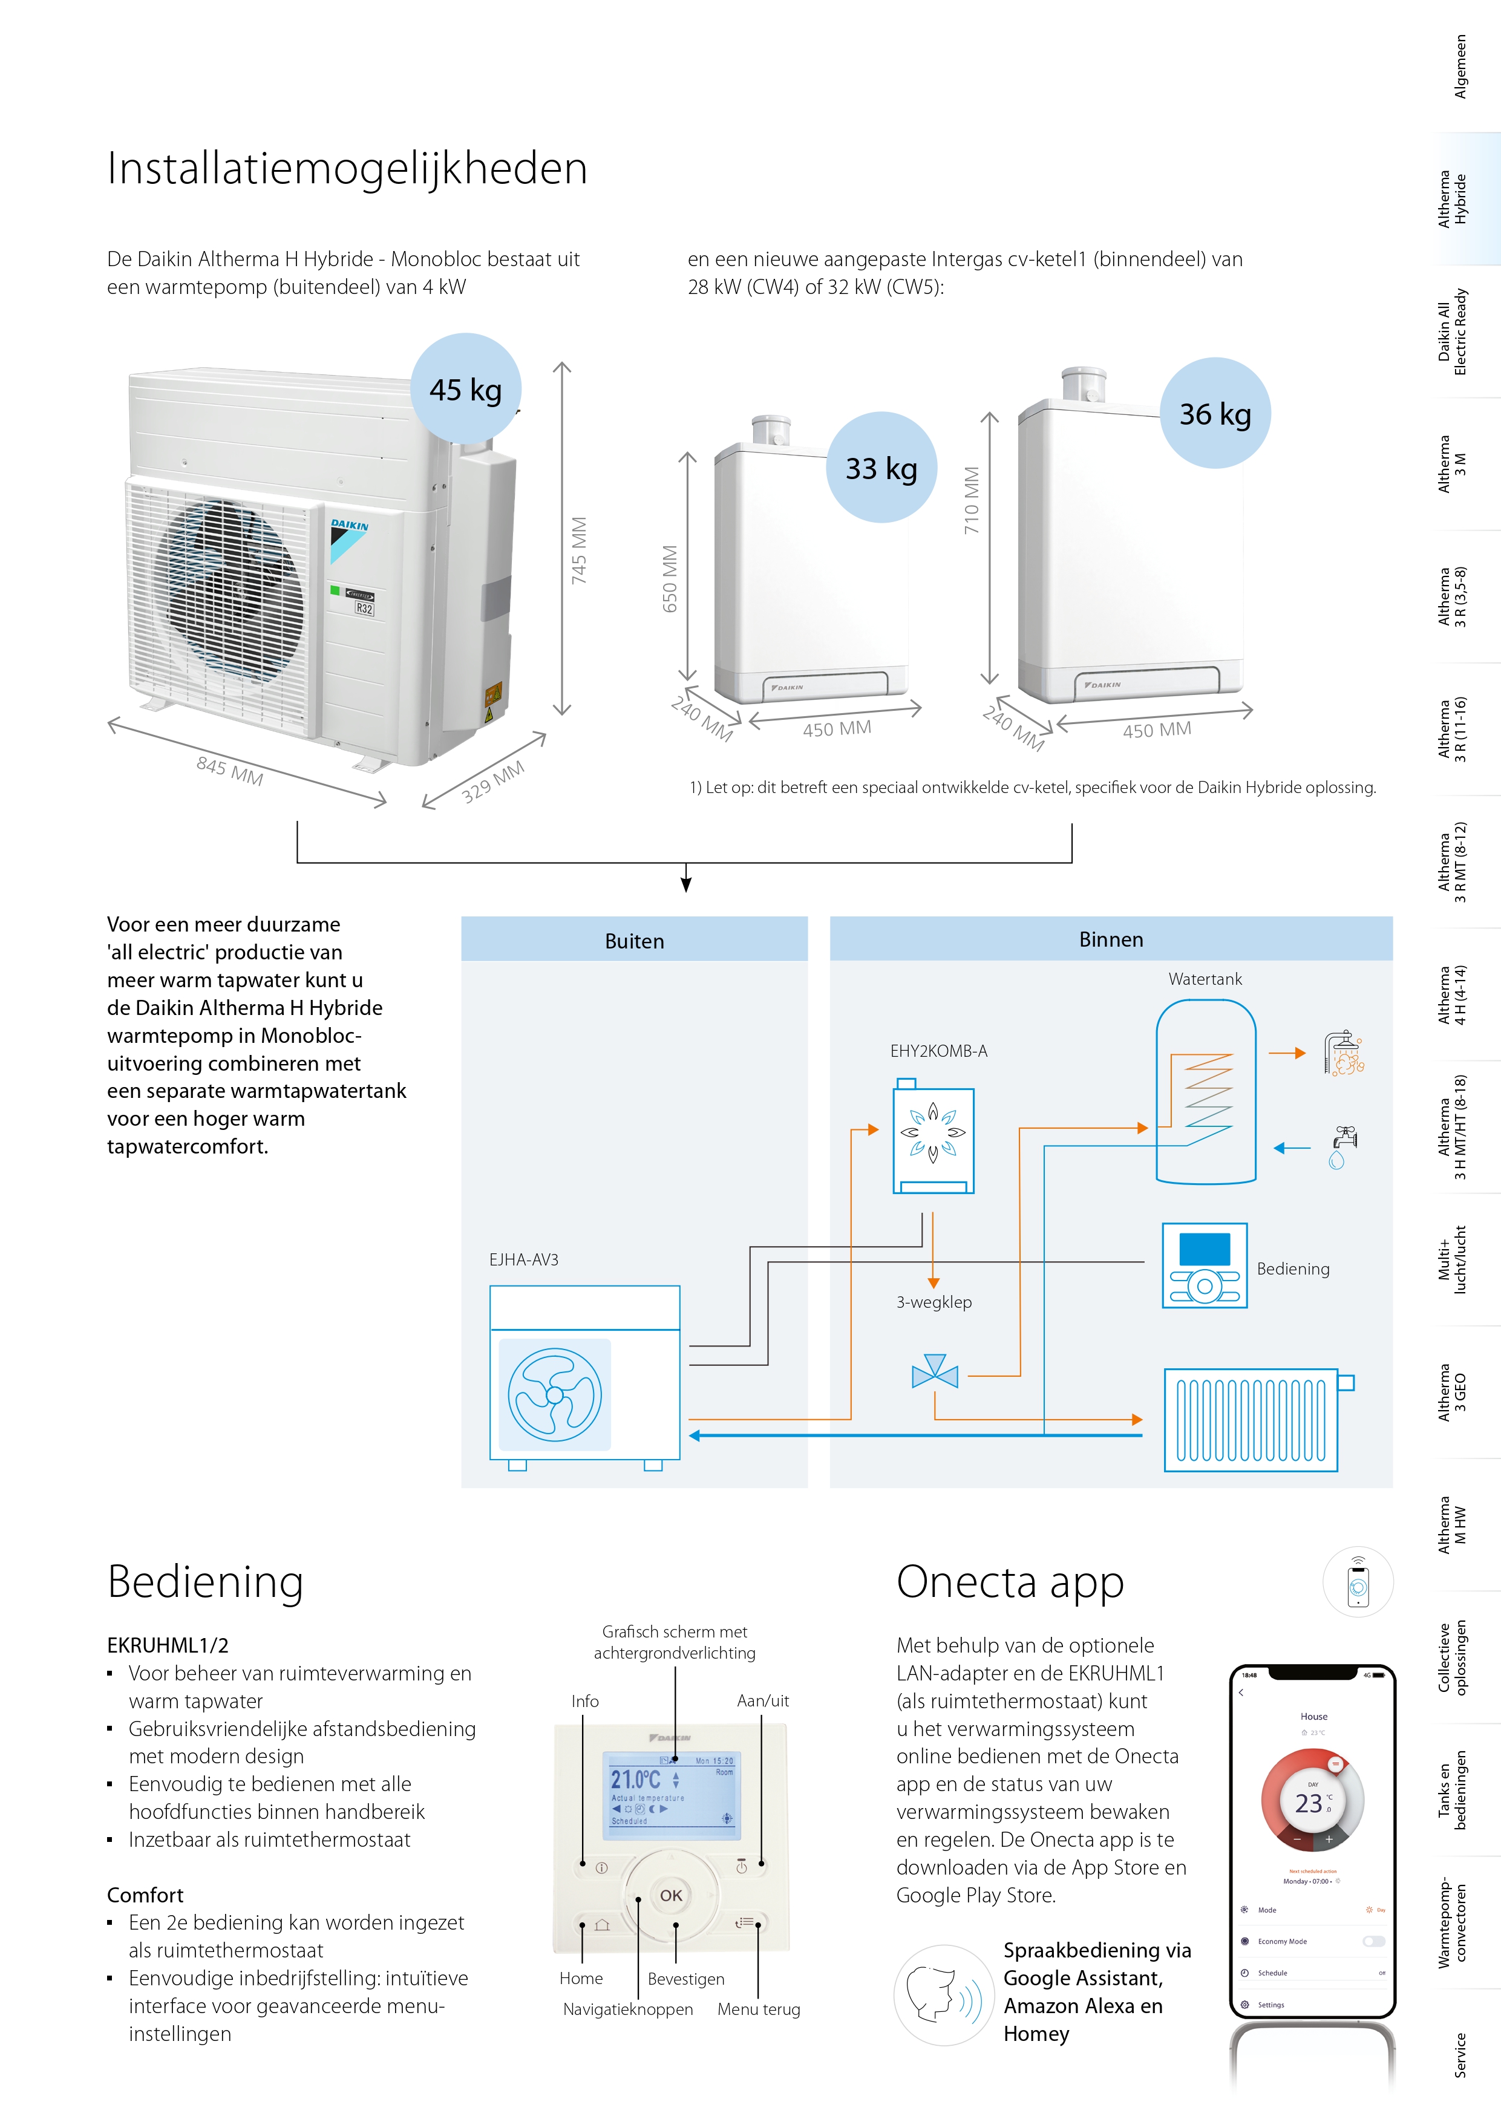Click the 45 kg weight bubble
pyautogui.click(x=466, y=389)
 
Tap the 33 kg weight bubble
pyautogui.click(x=881, y=468)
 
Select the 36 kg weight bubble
pyautogui.click(x=1214, y=413)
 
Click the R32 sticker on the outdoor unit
pyautogui.click(x=364, y=609)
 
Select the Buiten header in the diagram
pyautogui.click(x=634, y=941)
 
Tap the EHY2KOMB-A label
pyautogui.click(x=938, y=1051)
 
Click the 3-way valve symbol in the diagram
pyautogui.click(x=935, y=1373)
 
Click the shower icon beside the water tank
pyautogui.click(x=1343, y=1053)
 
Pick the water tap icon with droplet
pyautogui.click(x=1341, y=1147)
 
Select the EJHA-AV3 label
pyautogui.click(x=523, y=1259)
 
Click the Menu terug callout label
pyautogui.click(x=758, y=2009)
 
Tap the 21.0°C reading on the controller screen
pyautogui.click(x=636, y=1779)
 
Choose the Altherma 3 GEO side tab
pyautogui.click(x=1451, y=1392)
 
